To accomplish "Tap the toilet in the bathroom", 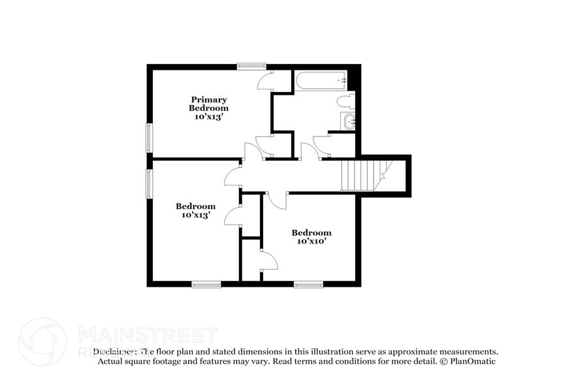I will click(x=346, y=101).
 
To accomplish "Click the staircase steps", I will click(x=359, y=176).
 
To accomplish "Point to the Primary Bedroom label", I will click(x=209, y=104).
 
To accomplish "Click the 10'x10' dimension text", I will click(x=311, y=241).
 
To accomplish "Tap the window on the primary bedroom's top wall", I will click(x=251, y=65).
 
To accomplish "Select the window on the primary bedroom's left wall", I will click(x=149, y=138).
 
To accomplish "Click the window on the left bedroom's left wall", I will click(x=149, y=184).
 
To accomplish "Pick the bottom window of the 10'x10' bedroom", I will click(x=308, y=284).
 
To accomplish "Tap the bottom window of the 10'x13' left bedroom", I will click(x=206, y=284).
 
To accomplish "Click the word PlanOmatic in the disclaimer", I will click(x=472, y=361).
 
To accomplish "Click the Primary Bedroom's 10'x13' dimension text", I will click(x=209, y=116).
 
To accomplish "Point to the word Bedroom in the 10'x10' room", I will click(x=311, y=232).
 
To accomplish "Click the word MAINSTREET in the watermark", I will click(x=148, y=336).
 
